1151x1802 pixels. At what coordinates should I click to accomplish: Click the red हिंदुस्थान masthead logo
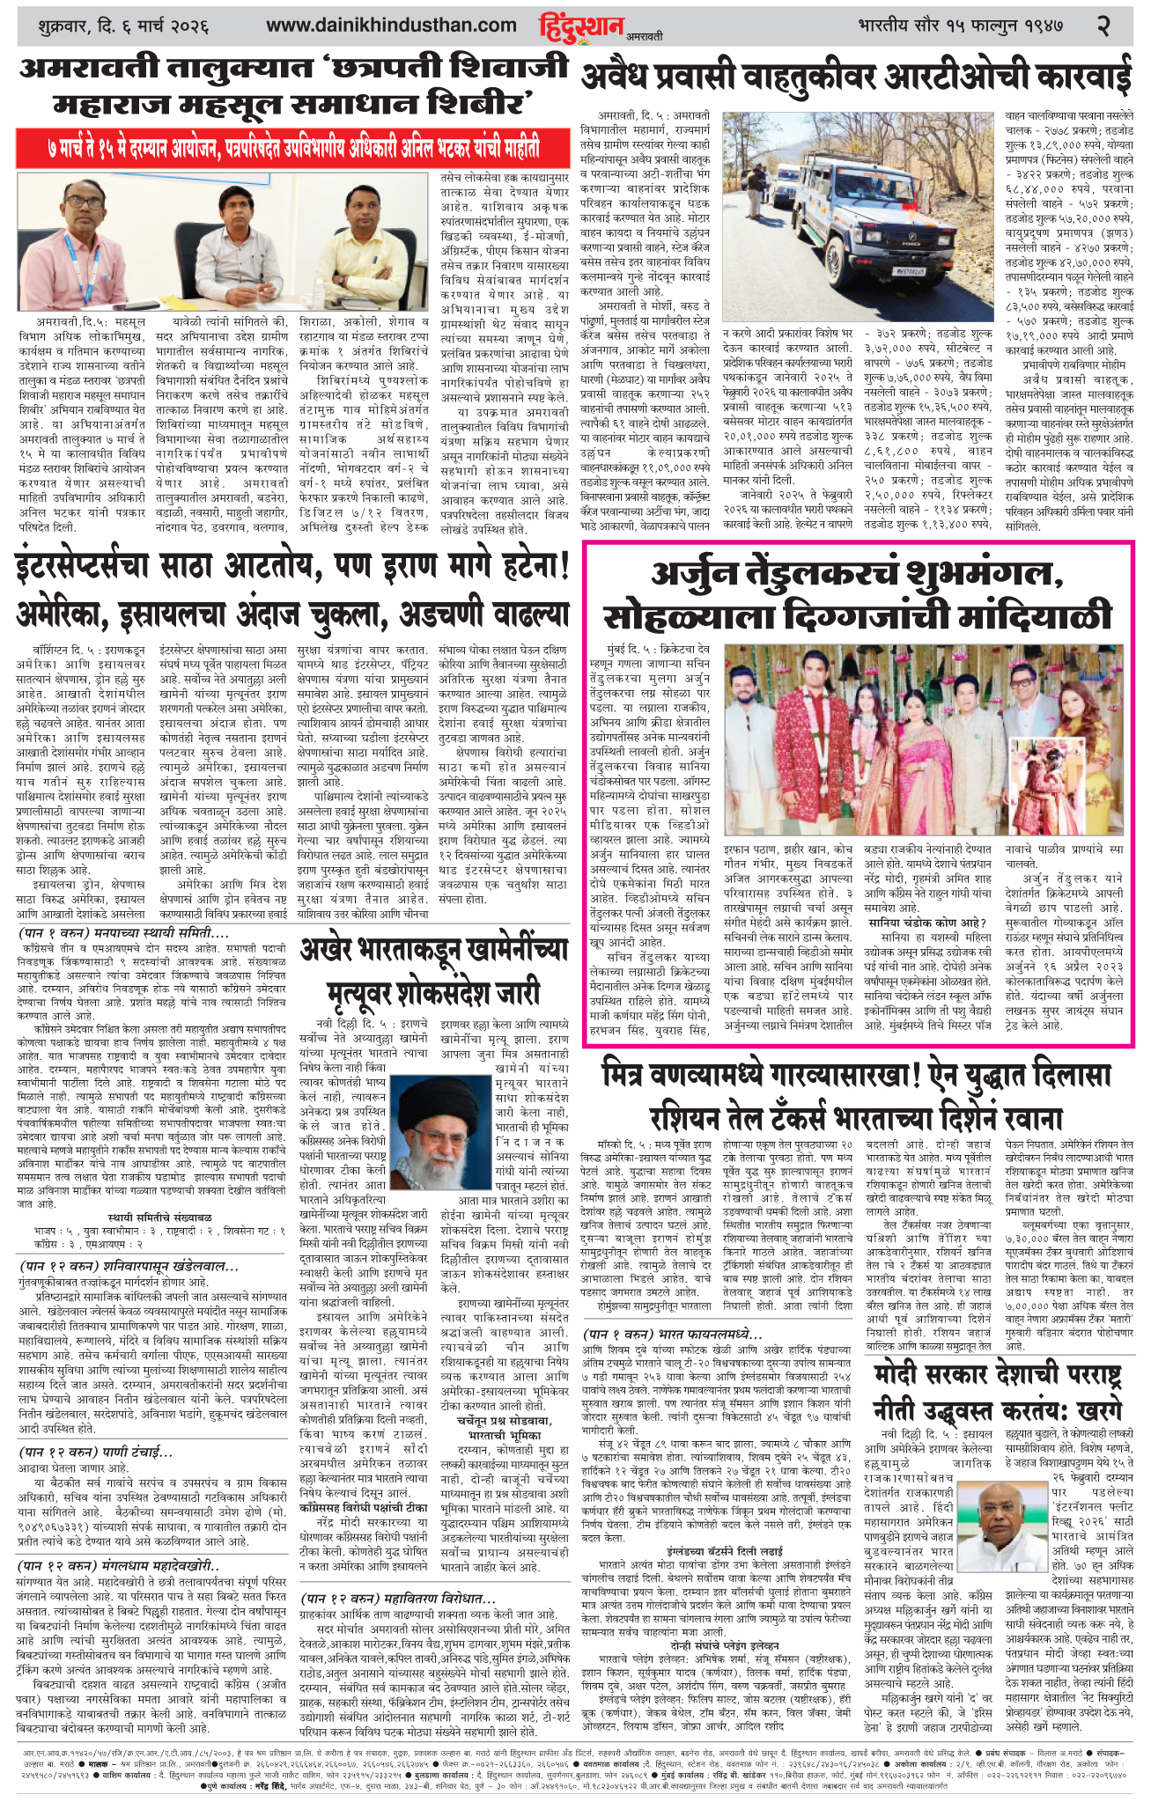(581, 26)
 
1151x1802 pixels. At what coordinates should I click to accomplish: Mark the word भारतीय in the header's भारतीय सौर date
(890, 26)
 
